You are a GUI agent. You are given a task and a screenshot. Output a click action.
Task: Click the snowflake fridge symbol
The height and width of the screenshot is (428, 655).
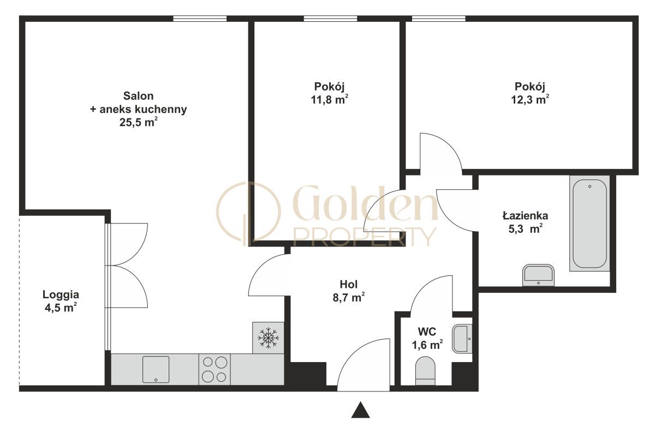pos(268,338)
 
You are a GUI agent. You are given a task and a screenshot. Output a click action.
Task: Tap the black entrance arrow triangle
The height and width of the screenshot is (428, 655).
pos(361,410)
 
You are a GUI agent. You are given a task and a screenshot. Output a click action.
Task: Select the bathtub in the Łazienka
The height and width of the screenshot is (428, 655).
pos(589,224)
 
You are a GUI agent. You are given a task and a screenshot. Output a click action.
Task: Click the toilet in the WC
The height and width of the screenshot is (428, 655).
pos(425,371)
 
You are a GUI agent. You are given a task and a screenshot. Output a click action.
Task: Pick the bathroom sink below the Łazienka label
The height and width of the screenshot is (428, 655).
pos(538,275)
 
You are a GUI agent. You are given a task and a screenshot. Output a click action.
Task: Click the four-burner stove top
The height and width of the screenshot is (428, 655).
pos(215,370)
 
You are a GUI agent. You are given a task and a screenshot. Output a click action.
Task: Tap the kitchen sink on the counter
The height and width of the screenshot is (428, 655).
pos(156,369)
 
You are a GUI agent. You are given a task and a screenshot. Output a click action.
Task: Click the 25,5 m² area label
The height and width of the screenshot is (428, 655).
pos(139,122)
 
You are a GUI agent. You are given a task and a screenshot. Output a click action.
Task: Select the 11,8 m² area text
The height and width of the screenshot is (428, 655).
pos(330,100)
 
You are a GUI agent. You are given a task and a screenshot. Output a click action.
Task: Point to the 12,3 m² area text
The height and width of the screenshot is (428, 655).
pos(530,100)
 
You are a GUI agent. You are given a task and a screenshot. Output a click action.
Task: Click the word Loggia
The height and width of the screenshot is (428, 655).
pos(61,295)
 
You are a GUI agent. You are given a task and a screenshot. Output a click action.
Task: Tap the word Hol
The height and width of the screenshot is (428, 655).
pos(349,284)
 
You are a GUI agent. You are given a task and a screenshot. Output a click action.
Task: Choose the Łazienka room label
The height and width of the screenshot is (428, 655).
pos(525,216)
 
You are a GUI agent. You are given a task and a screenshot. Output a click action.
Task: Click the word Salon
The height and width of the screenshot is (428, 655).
pos(138,96)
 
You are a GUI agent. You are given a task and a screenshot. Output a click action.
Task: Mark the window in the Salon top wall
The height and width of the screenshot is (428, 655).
pos(200,19)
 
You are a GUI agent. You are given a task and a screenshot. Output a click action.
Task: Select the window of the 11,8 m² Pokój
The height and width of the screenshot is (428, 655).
pos(330,19)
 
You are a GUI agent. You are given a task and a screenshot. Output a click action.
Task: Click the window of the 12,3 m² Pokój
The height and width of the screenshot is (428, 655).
pos(439,19)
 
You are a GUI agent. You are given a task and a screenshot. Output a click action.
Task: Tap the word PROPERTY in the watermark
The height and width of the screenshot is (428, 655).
pos(365,237)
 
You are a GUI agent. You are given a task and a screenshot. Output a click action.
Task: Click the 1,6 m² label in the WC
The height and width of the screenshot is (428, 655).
pos(427,345)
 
